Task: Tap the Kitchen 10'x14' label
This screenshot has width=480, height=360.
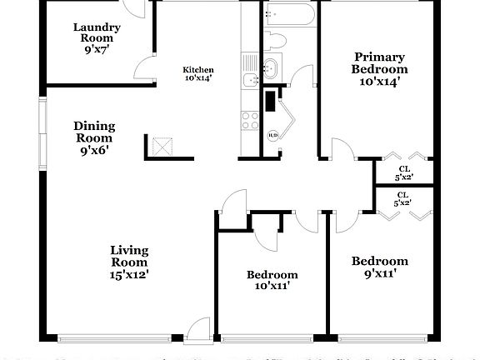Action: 198,73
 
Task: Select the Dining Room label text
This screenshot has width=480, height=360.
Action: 95,138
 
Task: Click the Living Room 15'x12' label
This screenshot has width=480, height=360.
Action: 130,261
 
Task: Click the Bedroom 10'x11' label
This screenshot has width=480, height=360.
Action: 272,281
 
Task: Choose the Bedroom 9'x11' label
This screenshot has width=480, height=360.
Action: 379,267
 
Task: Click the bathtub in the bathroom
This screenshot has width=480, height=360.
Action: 288,14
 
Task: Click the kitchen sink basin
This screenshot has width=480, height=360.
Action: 249,82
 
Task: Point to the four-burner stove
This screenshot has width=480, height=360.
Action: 249,120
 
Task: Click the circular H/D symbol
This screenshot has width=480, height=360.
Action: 272,134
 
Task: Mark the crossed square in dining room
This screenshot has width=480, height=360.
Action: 161,147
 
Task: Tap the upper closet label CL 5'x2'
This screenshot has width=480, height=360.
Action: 402,172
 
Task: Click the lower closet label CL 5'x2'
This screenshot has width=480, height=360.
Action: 402,198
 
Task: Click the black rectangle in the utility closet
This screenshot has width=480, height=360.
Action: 269,101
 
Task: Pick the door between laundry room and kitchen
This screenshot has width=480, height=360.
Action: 147,70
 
